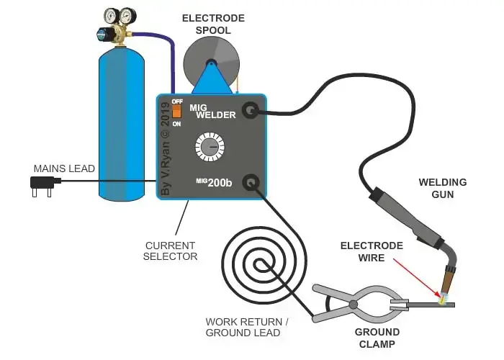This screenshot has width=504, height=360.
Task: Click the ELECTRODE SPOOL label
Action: pos(213,24)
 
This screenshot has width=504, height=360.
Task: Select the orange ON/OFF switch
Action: pos(176,112)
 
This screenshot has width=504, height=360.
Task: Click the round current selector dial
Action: pos(210,148)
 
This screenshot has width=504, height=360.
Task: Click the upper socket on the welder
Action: pos(251,110)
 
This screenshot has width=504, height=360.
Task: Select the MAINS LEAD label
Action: pos(64,168)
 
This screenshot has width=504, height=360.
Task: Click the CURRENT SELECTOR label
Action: pos(166,251)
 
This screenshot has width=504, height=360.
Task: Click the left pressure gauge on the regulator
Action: pos(112,15)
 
